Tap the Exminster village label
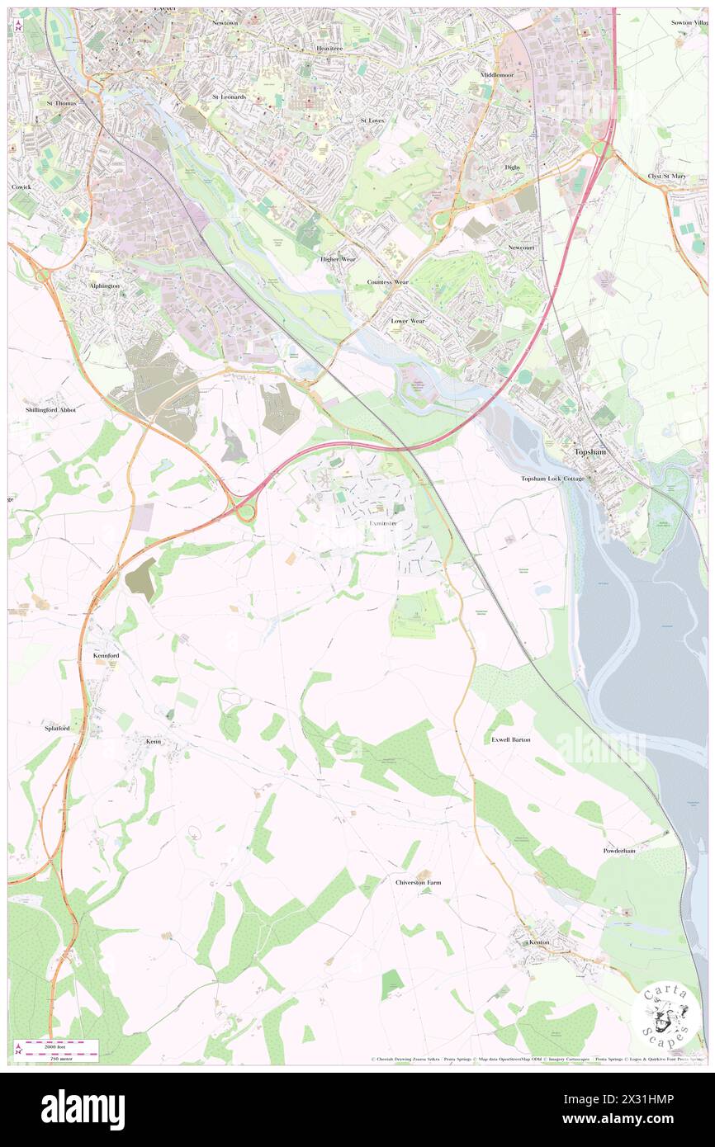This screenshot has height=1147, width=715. [x=382, y=523]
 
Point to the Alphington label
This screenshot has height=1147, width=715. [x=105, y=286]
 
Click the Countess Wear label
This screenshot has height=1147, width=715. [x=387, y=282]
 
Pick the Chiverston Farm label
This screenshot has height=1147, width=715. [x=418, y=882]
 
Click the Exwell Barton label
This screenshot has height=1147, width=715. [x=511, y=739]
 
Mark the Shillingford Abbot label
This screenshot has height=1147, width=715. [x=50, y=409]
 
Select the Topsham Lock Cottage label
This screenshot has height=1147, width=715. [x=552, y=479]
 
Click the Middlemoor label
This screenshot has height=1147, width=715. [x=497, y=75]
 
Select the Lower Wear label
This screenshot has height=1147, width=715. [x=408, y=320]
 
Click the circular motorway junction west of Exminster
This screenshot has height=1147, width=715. [x=245, y=512]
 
